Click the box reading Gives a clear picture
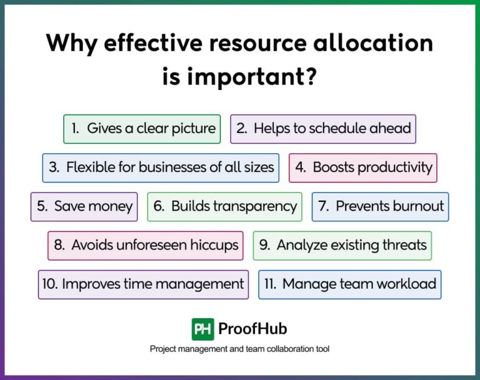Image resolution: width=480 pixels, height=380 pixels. point(142,129)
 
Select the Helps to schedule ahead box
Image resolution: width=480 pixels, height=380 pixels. point(323,129)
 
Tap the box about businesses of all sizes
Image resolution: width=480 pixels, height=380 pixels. point(161,167)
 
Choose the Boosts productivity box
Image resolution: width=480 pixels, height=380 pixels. point(362,167)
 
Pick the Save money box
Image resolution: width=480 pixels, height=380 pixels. point(84,206)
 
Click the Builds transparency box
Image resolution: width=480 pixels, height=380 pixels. point(224,206)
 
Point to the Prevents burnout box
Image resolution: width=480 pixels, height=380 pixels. point(380,206)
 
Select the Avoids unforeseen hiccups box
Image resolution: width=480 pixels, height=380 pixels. point(145,245)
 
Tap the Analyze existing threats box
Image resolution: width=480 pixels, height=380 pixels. point(342,245)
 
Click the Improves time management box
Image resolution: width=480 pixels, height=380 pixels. point(143,284)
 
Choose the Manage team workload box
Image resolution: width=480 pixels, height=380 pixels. point(349,284)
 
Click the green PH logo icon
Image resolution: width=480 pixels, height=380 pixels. point(202,329)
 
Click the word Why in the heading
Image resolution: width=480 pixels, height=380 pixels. point(71,44)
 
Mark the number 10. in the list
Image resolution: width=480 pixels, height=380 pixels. point(50,284)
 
